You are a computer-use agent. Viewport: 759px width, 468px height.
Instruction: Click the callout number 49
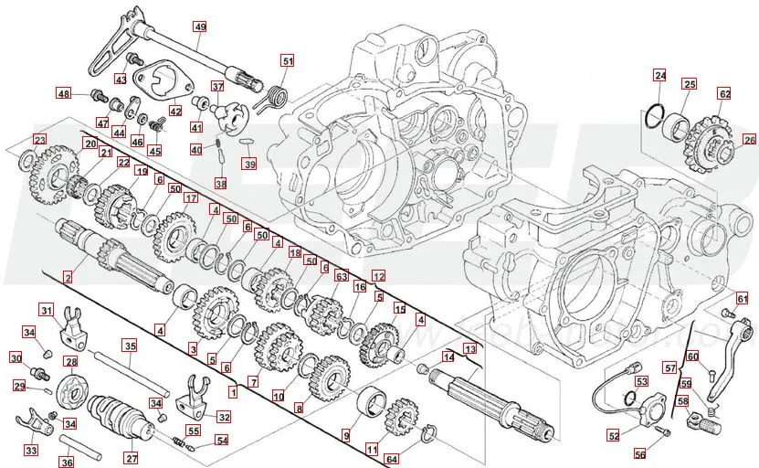[200, 27]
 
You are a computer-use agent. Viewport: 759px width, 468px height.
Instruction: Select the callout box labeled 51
[288, 61]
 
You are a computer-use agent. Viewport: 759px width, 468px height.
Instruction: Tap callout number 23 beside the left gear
[39, 140]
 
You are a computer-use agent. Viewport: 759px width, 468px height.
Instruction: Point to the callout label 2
[68, 275]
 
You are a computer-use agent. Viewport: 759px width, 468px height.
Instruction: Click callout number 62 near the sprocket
[724, 93]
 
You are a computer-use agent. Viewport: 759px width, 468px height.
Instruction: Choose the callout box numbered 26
[749, 140]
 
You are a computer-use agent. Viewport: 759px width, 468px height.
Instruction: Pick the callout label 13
[469, 349]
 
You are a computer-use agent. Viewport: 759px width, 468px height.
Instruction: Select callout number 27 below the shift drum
[131, 458]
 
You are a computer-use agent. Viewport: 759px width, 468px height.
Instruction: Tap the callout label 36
[67, 463]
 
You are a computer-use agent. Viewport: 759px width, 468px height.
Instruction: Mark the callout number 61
[743, 298]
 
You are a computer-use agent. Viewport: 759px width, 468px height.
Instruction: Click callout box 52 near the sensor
[613, 435]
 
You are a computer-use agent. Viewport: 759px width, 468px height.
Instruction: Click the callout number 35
[130, 346]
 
